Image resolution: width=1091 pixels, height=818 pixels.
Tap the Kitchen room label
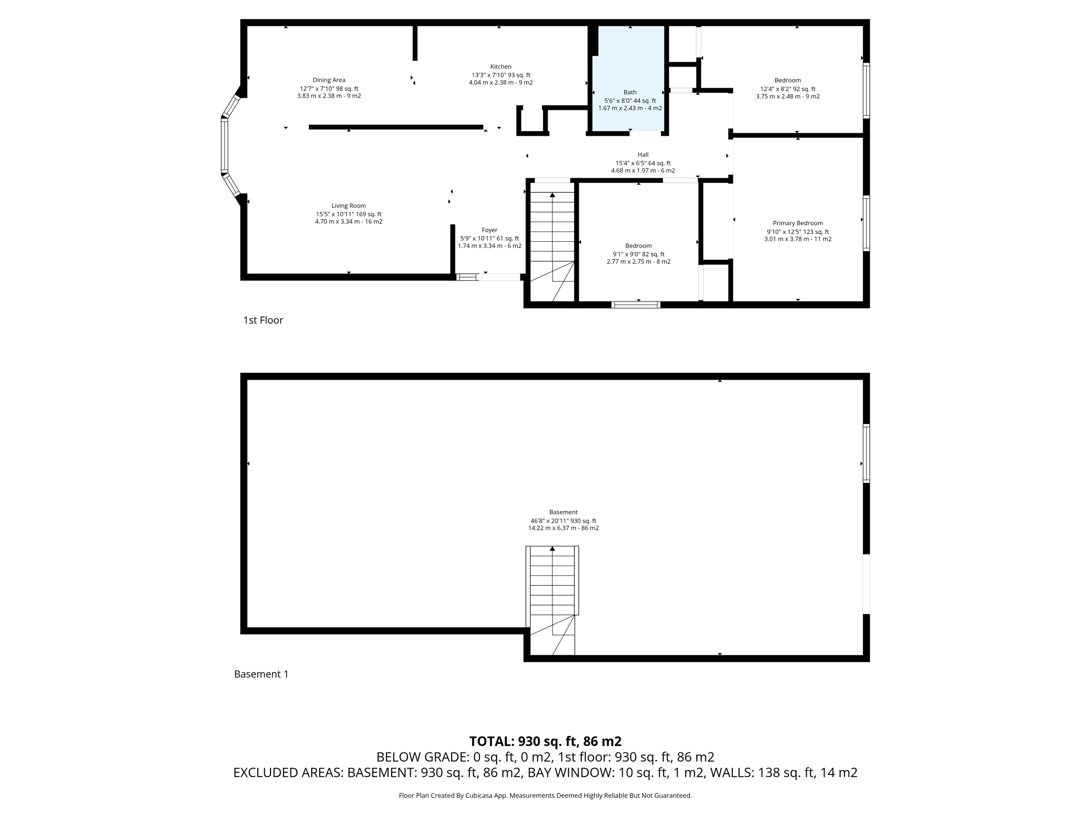(501, 67)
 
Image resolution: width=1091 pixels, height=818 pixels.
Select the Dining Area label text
(329, 80)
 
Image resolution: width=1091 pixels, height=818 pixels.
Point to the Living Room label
(348, 206)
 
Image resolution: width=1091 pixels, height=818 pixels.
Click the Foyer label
(489, 230)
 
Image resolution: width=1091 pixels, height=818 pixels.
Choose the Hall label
(642, 155)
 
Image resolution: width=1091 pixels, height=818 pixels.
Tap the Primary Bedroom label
(797, 223)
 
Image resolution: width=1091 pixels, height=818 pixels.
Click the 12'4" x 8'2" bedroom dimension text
(787, 89)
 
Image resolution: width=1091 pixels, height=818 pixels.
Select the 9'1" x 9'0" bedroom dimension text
(638, 254)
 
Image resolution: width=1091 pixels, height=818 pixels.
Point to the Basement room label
(563, 512)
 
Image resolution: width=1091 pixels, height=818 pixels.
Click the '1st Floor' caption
(263, 320)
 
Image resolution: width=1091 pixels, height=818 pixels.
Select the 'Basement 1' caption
(261, 674)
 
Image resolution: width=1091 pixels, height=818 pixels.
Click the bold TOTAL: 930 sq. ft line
(545, 741)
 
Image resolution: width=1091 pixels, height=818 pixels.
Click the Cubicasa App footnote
(545, 796)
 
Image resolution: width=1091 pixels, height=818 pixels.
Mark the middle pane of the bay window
(224, 146)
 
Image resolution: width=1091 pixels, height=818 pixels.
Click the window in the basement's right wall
(866, 454)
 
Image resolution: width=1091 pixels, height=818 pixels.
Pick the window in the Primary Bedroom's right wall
(866, 223)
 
